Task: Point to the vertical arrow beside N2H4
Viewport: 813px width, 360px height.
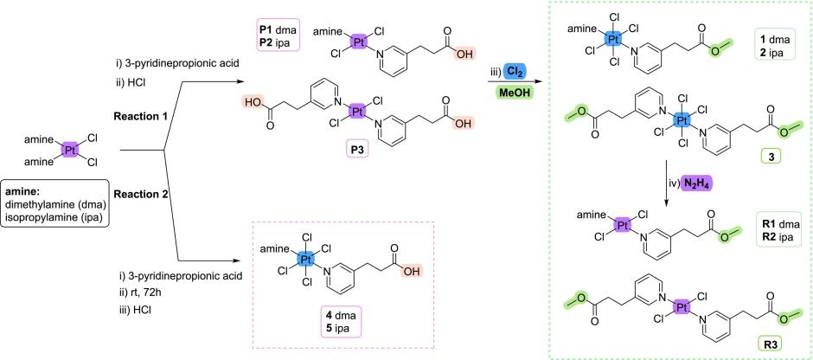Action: coord(666,183)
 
